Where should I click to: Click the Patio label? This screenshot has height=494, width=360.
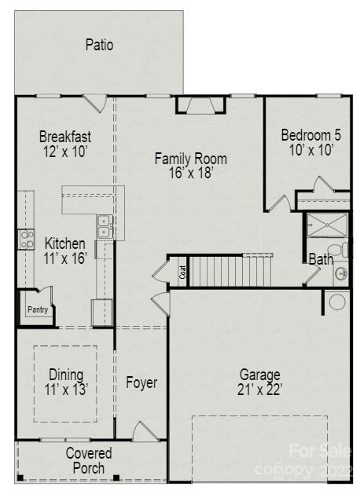99,45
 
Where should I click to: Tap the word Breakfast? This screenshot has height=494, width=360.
65,137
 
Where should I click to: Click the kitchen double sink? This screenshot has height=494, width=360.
104,226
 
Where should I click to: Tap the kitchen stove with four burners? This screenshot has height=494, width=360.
26,239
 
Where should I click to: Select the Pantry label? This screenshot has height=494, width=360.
37,309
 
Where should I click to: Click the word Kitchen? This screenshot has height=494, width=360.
65,243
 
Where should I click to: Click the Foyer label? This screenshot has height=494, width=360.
141,383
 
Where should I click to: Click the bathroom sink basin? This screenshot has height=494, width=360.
340,273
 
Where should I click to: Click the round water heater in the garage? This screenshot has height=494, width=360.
337,302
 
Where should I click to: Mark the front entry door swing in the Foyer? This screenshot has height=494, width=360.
145,431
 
